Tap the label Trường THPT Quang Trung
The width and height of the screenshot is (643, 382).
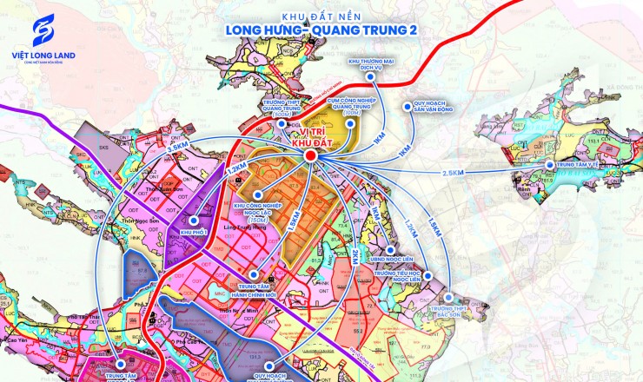pyautogui.click(x=279, y=106)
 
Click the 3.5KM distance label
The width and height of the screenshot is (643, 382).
pyautogui.click(x=177, y=149)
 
